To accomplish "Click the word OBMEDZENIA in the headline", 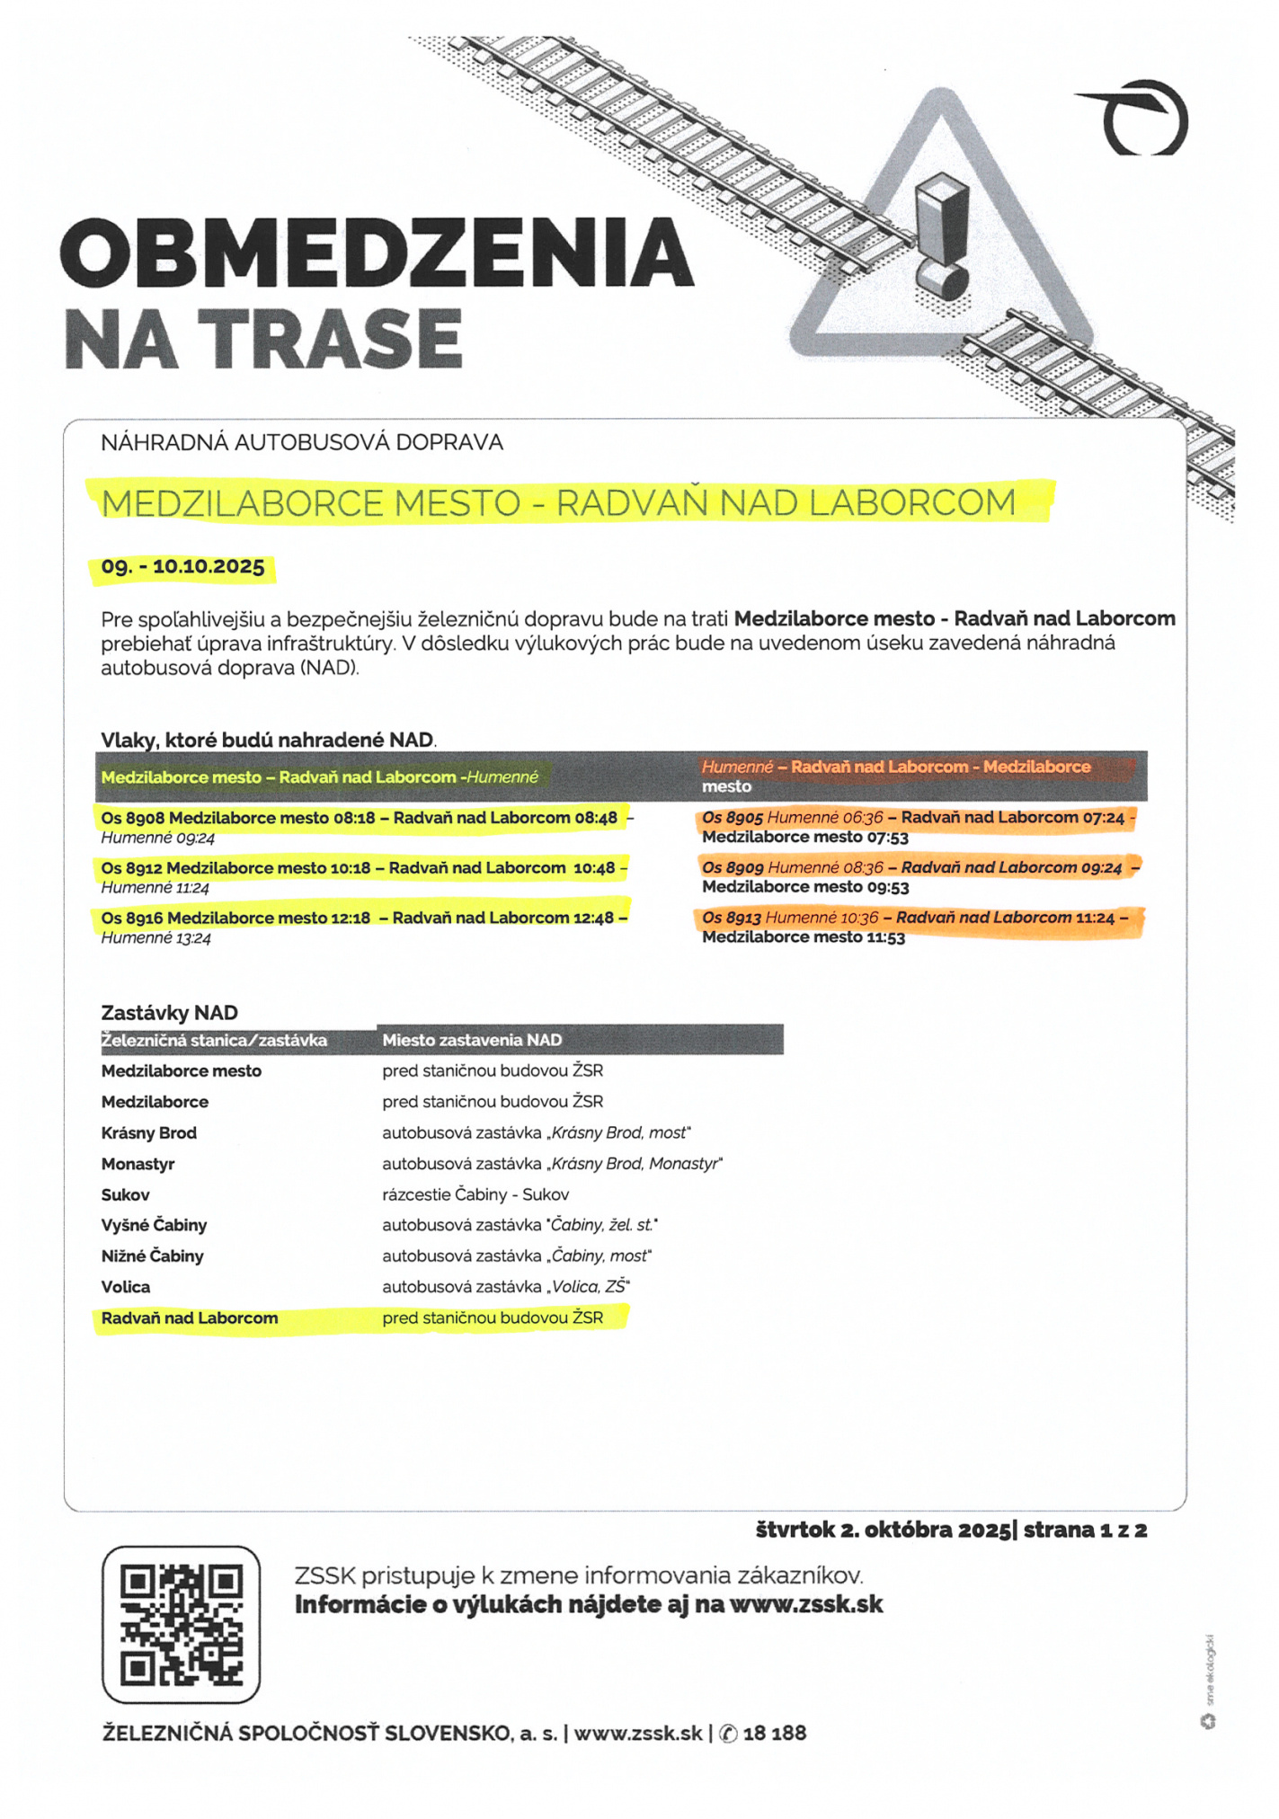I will pyautogui.click(x=377, y=252).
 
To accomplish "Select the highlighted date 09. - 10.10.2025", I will pyautogui.click(x=182, y=567).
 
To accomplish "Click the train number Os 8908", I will pyautogui.click(x=133, y=818).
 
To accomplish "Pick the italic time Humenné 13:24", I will pyautogui.click(x=155, y=938).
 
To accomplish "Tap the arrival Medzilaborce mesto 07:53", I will pyautogui.click(x=804, y=838).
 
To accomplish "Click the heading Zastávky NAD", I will pyautogui.click(x=169, y=1013).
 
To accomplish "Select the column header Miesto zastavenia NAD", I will pyautogui.click(x=472, y=1040).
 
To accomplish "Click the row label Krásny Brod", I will pyautogui.click(x=148, y=1132).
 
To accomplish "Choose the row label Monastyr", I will pyautogui.click(x=138, y=1164).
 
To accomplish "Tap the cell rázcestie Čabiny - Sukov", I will pyautogui.click(x=475, y=1194).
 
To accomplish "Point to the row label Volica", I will pyautogui.click(x=126, y=1287).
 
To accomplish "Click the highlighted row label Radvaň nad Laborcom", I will pyautogui.click(x=190, y=1318).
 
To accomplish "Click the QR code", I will pyautogui.click(x=181, y=1625).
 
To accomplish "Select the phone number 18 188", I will pyautogui.click(x=775, y=1733).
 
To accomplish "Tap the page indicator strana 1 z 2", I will pyautogui.click(x=1085, y=1530).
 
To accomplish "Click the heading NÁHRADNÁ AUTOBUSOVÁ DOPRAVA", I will pyautogui.click(x=302, y=442).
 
